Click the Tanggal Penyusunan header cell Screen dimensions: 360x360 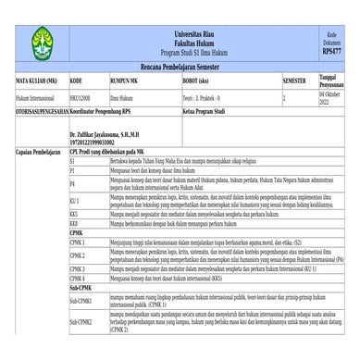[330, 80]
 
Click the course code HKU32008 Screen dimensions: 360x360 [81, 96]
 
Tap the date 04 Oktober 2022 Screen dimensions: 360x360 [330, 97]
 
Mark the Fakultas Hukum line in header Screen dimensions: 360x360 [192, 41]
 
